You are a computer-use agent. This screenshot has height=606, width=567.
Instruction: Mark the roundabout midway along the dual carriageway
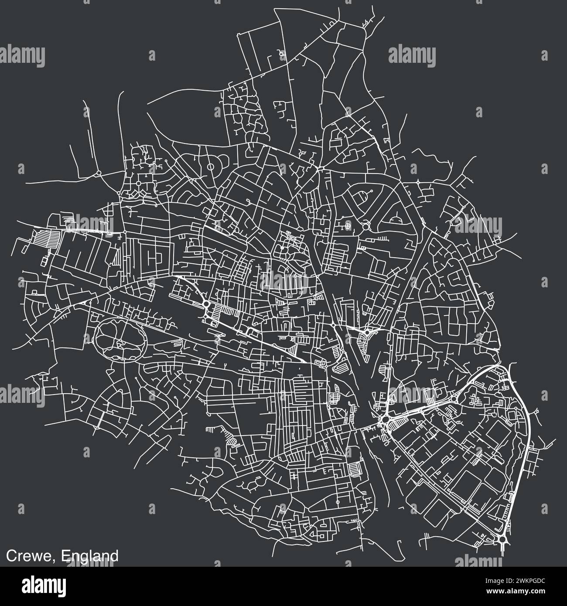point(455,398)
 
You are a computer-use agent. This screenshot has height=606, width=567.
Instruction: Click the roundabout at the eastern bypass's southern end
point(503,540)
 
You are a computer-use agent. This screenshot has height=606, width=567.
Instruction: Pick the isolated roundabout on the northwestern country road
point(99,173)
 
